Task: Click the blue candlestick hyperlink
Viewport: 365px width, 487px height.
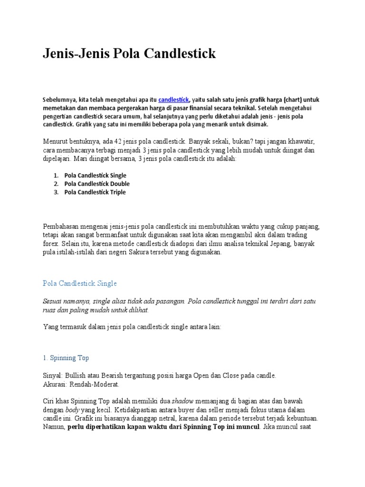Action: coord(174,100)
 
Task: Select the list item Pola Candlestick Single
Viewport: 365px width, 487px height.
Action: coord(95,175)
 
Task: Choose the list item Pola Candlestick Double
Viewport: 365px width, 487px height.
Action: coord(97,184)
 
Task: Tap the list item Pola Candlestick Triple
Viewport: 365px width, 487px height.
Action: coord(95,192)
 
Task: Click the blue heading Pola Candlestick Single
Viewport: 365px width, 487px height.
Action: coord(79,283)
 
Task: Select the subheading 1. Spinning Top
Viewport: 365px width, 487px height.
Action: coord(66,358)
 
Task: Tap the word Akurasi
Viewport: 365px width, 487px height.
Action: coord(55,383)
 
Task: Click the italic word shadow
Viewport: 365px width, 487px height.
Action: coord(182,401)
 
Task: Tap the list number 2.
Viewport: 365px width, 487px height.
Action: coord(56,184)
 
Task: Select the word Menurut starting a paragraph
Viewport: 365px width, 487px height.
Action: coord(55,142)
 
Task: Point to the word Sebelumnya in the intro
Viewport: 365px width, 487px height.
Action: coord(60,100)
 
